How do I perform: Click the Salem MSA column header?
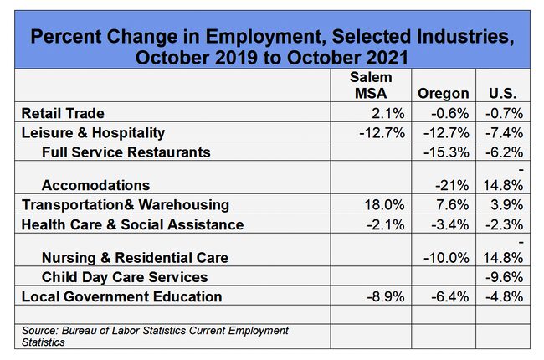pyautogui.click(x=371, y=85)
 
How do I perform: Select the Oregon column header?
pyautogui.click(x=444, y=94)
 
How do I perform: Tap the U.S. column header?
pyautogui.click(x=503, y=94)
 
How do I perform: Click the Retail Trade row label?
pyautogui.click(x=63, y=113)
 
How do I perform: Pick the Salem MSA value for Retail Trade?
pyautogui.click(x=387, y=113)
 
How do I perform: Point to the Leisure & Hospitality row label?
pyautogui.click(x=93, y=133)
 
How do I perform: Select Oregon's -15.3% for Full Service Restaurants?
pyautogui.click(x=446, y=152)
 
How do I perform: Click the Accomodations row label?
pyautogui.click(x=95, y=185)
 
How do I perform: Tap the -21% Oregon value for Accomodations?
pyautogui.click(x=452, y=185)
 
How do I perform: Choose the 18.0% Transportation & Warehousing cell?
pyautogui.click(x=384, y=205)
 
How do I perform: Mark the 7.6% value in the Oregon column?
pyautogui.click(x=453, y=205)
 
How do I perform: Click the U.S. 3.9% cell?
pyautogui.click(x=507, y=205)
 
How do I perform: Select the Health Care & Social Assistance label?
pyautogui.click(x=132, y=224)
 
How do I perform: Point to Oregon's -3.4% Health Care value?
pyautogui.click(x=450, y=224)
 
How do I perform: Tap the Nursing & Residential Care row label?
pyautogui.click(x=135, y=258)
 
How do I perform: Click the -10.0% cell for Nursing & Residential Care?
pyautogui.click(x=446, y=258)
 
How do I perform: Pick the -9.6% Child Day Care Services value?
pyautogui.click(x=504, y=277)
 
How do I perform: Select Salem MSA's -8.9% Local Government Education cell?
pyautogui.click(x=386, y=297)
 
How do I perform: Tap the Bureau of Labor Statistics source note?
pyautogui.click(x=155, y=336)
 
